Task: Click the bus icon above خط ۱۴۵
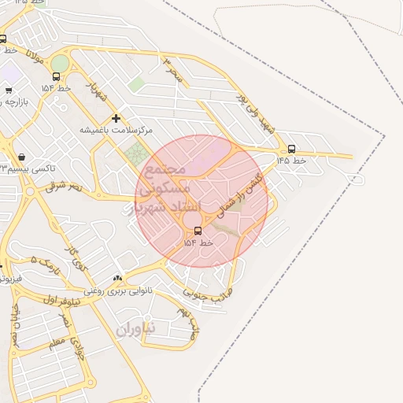point(291,149)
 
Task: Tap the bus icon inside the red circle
point(197,231)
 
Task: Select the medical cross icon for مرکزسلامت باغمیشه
point(116,118)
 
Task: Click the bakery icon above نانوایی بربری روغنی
point(118,278)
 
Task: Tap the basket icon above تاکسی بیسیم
point(20,156)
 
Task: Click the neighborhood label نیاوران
point(136,328)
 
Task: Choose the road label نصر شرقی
point(64,187)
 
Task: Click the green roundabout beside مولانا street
point(60,63)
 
